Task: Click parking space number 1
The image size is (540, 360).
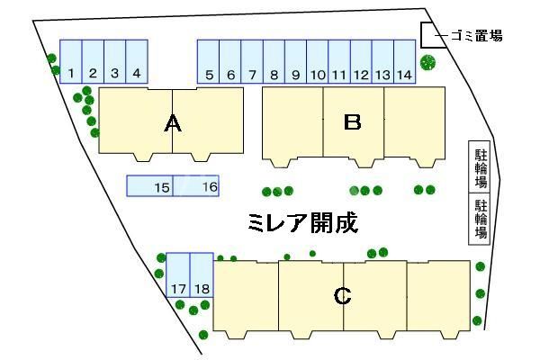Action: click(x=70, y=62)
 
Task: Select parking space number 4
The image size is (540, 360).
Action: click(x=137, y=62)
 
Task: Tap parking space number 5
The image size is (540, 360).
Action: click(x=209, y=62)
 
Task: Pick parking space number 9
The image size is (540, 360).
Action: click(x=295, y=62)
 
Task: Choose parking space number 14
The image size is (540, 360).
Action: click(x=404, y=62)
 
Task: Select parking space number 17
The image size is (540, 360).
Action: click(x=177, y=274)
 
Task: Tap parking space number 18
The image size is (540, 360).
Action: click(x=201, y=274)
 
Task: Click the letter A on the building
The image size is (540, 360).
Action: click(x=174, y=124)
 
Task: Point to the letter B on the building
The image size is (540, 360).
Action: click(x=353, y=122)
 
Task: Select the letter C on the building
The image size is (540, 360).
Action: click(x=342, y=295)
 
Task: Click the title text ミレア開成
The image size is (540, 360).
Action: click(x=303, y=222)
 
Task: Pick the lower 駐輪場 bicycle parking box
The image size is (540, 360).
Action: click(x=481, y=220)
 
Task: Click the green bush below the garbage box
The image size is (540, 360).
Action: click(x=428, y=63)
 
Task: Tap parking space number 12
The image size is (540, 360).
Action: click(x=361, y=62)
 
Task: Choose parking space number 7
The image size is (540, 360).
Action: click(x=252, y=62)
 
